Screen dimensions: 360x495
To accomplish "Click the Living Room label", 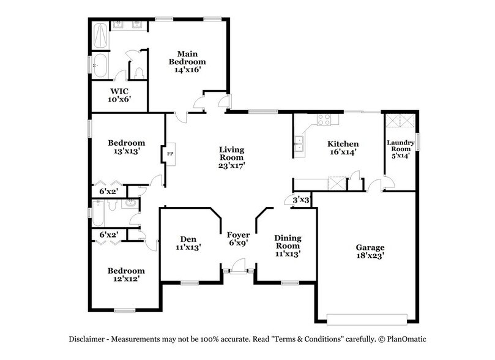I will (232, 157).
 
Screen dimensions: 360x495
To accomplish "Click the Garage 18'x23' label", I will (370, 252).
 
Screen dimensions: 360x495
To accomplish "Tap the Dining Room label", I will (287, 245).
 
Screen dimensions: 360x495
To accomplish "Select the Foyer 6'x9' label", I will (238, 239).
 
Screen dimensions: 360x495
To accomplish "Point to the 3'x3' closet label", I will (300, 200).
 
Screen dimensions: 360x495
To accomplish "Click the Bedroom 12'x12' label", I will (126, 275).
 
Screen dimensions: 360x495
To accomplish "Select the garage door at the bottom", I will (367, 318).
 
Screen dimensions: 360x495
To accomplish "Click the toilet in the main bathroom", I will (140, 72).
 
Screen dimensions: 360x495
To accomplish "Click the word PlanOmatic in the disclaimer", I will (406, 339).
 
